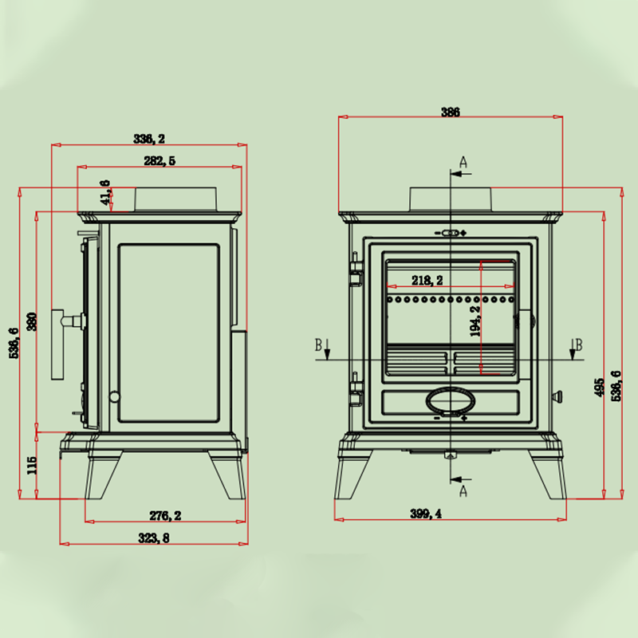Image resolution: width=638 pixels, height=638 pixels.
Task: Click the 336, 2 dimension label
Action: (x=149, y=139)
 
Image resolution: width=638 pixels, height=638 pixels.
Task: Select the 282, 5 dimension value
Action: (x=159, y=161)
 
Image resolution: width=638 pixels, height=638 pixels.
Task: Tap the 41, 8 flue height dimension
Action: (x=105, y=192)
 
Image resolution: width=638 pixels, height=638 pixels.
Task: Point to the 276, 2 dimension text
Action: (x=165, y=515)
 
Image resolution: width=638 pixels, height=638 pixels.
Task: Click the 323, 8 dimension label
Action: (x=153, y=538)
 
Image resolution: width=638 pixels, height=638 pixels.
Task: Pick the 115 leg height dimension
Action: (x=32, y=465)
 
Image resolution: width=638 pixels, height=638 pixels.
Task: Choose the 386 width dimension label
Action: (x=451, y=112)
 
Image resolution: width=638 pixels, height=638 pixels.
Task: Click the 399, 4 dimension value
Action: (x=426, y=514)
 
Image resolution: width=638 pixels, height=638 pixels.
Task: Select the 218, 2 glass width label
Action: (x=427, y=281)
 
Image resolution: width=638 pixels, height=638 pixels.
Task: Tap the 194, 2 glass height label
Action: (x=475, y=321)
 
